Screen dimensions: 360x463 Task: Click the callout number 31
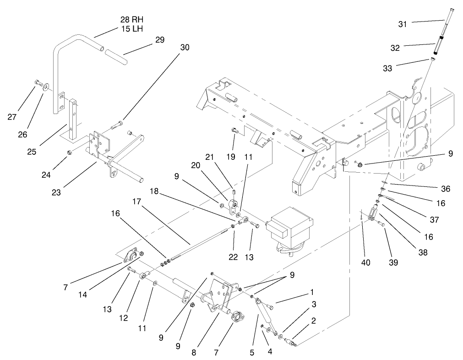[402, 24]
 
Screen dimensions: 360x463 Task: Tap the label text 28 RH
[131, 20]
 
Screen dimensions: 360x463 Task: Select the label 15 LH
[131, 29]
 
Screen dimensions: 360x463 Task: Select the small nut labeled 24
[70, 152]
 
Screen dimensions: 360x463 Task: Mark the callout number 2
[313, 321]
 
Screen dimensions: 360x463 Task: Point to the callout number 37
[434, 219]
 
